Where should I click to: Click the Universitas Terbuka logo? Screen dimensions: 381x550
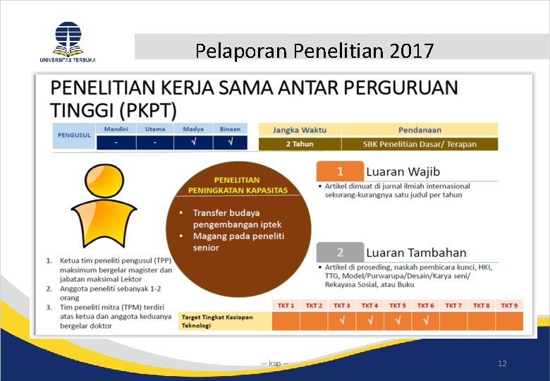(x=68, y=41)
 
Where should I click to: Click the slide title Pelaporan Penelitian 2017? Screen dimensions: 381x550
(x=314, y=51)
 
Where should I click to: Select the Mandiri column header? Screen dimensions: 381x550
(x=116, y=129)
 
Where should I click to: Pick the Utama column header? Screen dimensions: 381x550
(x=154, y=129)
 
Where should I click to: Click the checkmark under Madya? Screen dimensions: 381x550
(x=193, y=143)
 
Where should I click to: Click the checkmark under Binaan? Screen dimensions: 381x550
(x=230, y=143)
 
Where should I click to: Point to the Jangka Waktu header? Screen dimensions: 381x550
(x=300, y=130)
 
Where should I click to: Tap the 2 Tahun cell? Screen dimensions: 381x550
(x=300, y=144)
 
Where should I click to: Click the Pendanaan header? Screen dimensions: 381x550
(x=420, y=130)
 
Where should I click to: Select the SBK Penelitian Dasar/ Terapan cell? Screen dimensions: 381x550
(x=420, y=144)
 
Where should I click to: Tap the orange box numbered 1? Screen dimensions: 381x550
(x=340, y=171)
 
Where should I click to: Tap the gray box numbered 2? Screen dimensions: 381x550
(x=340, y=252)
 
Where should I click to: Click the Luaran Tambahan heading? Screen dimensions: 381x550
(x=416, y=253)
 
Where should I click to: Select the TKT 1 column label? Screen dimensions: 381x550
(x=286, y=306)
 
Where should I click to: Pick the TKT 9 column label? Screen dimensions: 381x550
(x=509, y=306)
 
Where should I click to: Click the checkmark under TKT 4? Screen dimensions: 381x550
(x=369, y=321)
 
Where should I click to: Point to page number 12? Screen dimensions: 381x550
(x=502, y=363)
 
